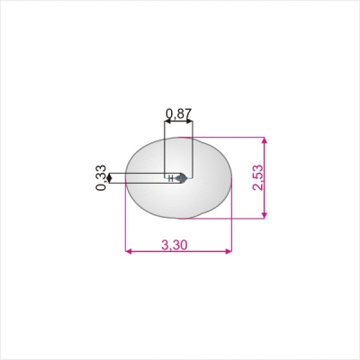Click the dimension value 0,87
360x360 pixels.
(178, 113)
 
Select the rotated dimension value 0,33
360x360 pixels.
(101, 178)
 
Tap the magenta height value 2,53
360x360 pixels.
(258, 177)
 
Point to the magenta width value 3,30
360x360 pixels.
(175, 245)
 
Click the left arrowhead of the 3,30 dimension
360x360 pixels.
(128, 251)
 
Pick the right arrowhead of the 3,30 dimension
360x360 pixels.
(229, 251)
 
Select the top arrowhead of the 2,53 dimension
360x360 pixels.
(264, 141)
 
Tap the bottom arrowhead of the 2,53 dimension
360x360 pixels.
(264, 215)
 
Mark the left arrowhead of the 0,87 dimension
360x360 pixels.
(167, 121)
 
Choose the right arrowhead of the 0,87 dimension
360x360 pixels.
(189, 121)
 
